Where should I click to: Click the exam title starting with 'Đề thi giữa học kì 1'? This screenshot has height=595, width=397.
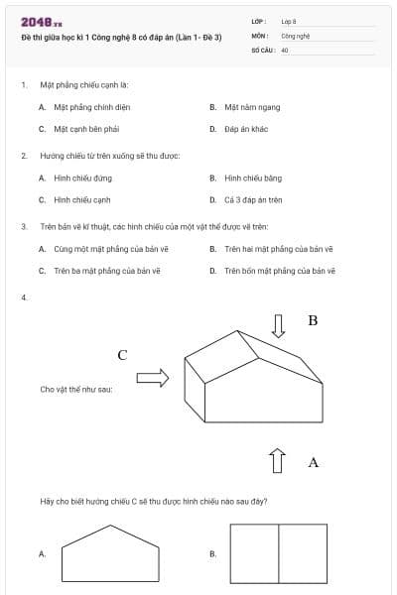(x=121, y=37)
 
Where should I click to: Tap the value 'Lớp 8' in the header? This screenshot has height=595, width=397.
(x=289, y=21)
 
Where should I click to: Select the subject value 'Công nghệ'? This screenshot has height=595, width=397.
(x=296, y=35)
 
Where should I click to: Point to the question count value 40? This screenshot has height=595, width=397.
(x=285, y=49)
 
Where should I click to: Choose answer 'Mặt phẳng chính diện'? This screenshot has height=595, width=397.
(x=92, y=107)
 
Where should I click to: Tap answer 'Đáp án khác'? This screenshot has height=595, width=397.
(x=246, y=129)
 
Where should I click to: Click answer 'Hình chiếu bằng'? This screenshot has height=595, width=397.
(x=253, y=178)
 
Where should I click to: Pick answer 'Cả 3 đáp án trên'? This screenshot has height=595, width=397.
(x=253, y=199)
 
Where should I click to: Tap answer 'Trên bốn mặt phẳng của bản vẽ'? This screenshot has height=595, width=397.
(x=280, y=270)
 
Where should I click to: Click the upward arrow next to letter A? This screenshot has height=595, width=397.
(x=279, y=461)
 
